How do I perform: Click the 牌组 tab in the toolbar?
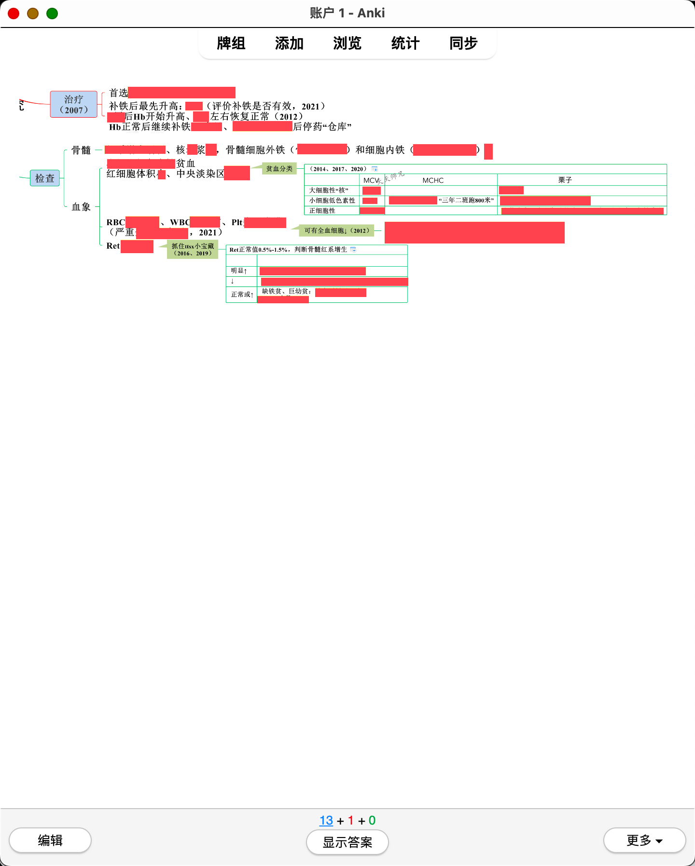click(x=231, y=43)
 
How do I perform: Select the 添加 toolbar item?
click(x=289, y=43)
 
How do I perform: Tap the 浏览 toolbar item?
click(x=347, y=43)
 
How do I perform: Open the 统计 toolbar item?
click(x=405, y=43)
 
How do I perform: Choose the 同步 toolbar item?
click(x=463, y=43)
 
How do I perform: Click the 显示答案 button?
click(x=347, y=842)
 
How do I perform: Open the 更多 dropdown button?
click(x=644, y=840)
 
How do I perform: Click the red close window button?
click(x=14, y=14)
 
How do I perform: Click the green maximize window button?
click(x=52, y=14)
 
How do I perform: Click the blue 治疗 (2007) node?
click(x=74, y=104)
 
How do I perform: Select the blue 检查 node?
click(x=45, y=178)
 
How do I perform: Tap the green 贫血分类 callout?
click(x=279, y=169)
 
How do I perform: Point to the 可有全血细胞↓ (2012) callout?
click(x=336, y=231)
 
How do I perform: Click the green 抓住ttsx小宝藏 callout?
click(x=193, y=249)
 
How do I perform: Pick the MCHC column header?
click(x=433, y=180)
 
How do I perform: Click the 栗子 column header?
click(x=565, y=180)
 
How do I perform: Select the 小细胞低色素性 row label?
click(x=332, y=201)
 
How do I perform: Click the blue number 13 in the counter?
click(x=326, y=820)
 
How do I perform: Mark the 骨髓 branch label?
click(x=81, y=150)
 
